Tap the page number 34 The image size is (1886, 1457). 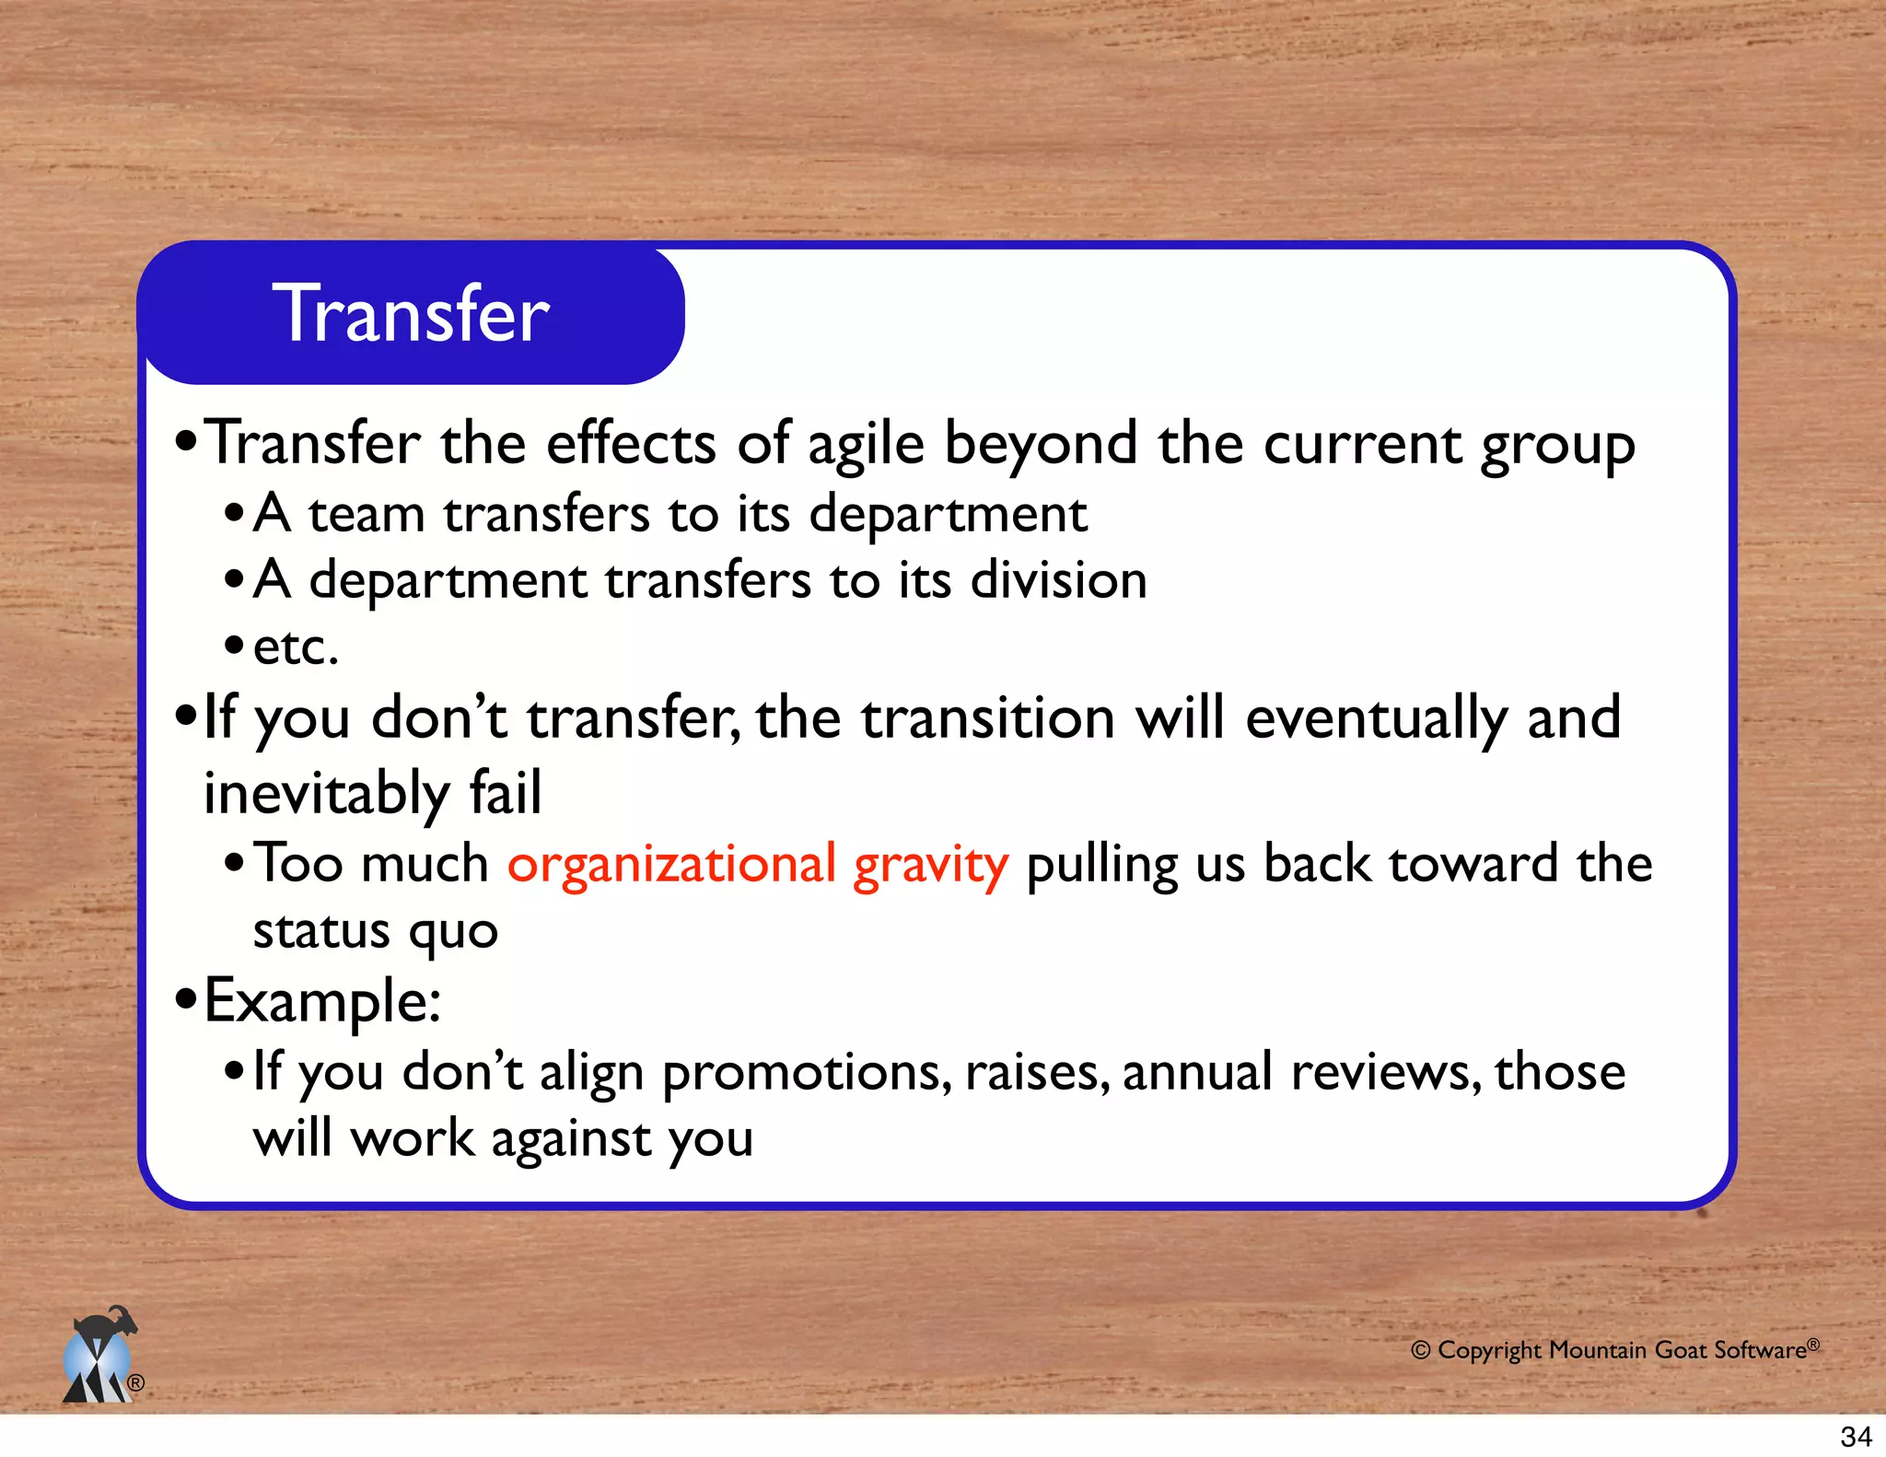(x=1856, y=1436)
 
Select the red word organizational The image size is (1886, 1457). (x=671, y=865)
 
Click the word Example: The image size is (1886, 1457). (x=322, y=1002)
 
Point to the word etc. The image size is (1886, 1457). (x=296, y=647)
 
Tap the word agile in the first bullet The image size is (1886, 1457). (x=865, y=446)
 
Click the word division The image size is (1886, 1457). (x=1059, y=580)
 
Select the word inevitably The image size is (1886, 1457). (x=326, y=794)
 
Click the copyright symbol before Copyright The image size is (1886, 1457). (x=1421, y=1351)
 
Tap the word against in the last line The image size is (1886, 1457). (x=571, y=1140)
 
